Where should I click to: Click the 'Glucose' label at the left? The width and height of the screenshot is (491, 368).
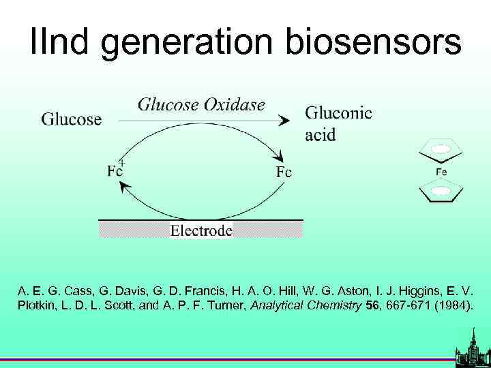[x=72, y=120]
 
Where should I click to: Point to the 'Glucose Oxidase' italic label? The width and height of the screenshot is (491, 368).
[x=201, y=104]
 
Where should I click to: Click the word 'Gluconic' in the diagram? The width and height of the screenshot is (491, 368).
[x=338, y=114]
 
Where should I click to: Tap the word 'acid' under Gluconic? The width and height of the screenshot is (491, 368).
[x=321, y=134]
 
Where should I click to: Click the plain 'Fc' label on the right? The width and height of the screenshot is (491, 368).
[x=284, y=172]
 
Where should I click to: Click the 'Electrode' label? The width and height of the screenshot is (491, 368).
[x=201, y=230]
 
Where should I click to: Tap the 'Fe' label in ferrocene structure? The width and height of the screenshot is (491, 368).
[x=442, y=172]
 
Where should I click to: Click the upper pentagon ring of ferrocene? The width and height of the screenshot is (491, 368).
[x=442, y=149]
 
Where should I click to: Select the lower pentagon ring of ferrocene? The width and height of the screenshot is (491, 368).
[x=442, y=192]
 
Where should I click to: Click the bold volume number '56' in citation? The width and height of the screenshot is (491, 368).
[x=372, y=306]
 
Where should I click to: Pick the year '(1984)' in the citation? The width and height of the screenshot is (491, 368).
[x=451, y=306]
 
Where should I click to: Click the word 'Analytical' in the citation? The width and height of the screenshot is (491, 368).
[x=279, y=306]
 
